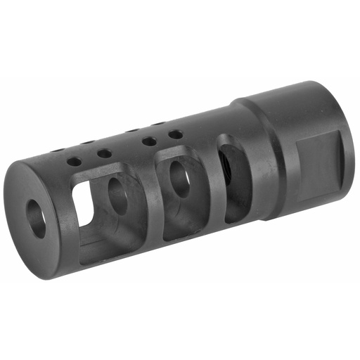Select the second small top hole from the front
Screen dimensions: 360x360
click(104, 153)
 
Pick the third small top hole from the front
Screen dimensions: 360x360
click(148, 142)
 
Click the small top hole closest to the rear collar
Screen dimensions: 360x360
click(175, 134)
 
